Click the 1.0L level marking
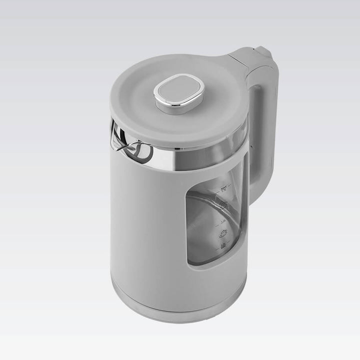(223, 220)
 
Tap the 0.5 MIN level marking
(222, 245)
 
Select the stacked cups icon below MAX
(224, 205)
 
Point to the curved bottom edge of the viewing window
(210, 264)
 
